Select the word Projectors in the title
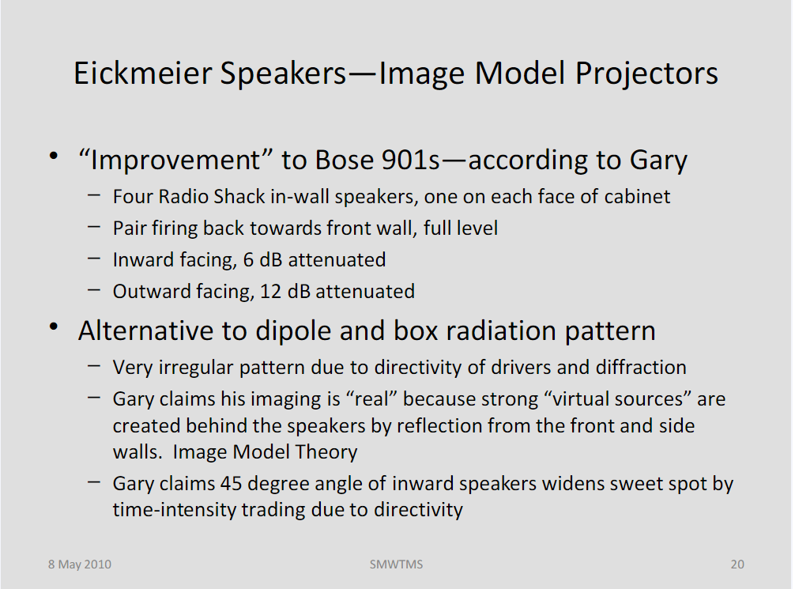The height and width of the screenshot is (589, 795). point(646,74)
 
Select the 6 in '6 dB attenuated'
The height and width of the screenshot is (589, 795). point(248,260)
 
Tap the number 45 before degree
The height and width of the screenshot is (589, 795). point(231,484)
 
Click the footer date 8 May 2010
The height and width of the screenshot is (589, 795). point(80,564)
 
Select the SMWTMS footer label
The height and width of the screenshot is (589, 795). point(396,564)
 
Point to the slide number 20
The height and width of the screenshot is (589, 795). point(737,564)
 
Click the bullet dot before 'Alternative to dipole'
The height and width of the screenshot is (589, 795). point(54,327)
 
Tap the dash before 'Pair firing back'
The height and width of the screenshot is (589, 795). point(94,227)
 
